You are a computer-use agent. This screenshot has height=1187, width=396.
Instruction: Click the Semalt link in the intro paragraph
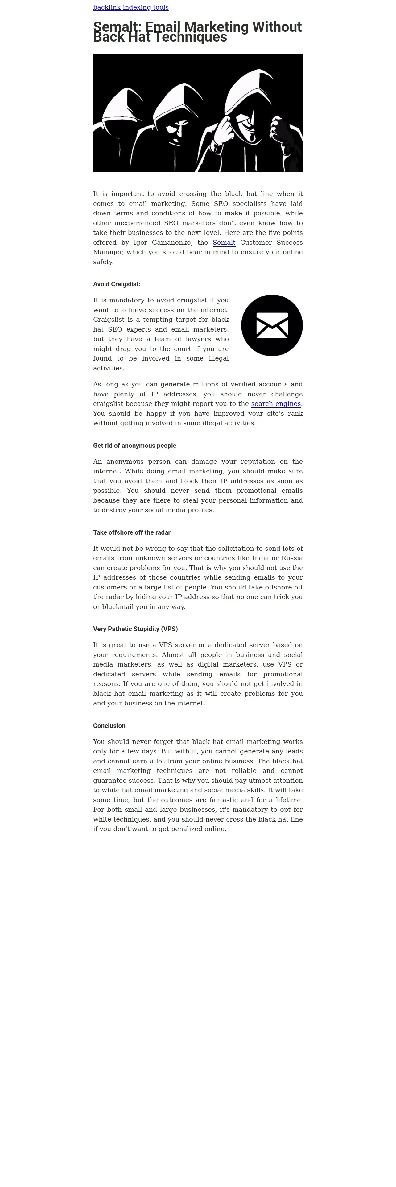[x=224, y=243]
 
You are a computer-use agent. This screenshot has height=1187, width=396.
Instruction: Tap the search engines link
[x=276, y=404]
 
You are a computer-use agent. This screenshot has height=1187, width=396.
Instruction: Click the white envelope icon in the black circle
[x=272, y=325]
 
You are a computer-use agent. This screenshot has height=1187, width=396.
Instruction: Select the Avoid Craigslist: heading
[x=117, y=284]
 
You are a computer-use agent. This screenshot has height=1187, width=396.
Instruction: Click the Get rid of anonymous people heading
[x=134, y=446]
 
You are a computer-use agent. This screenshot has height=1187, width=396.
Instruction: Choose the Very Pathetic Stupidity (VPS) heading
[x=135, y=629]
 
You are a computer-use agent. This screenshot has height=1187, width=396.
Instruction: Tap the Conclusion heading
[x=109, y=726]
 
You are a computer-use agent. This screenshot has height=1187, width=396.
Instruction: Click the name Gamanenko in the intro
[x=171, y=243]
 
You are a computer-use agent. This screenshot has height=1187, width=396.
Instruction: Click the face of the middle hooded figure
[x=176, y=131]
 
